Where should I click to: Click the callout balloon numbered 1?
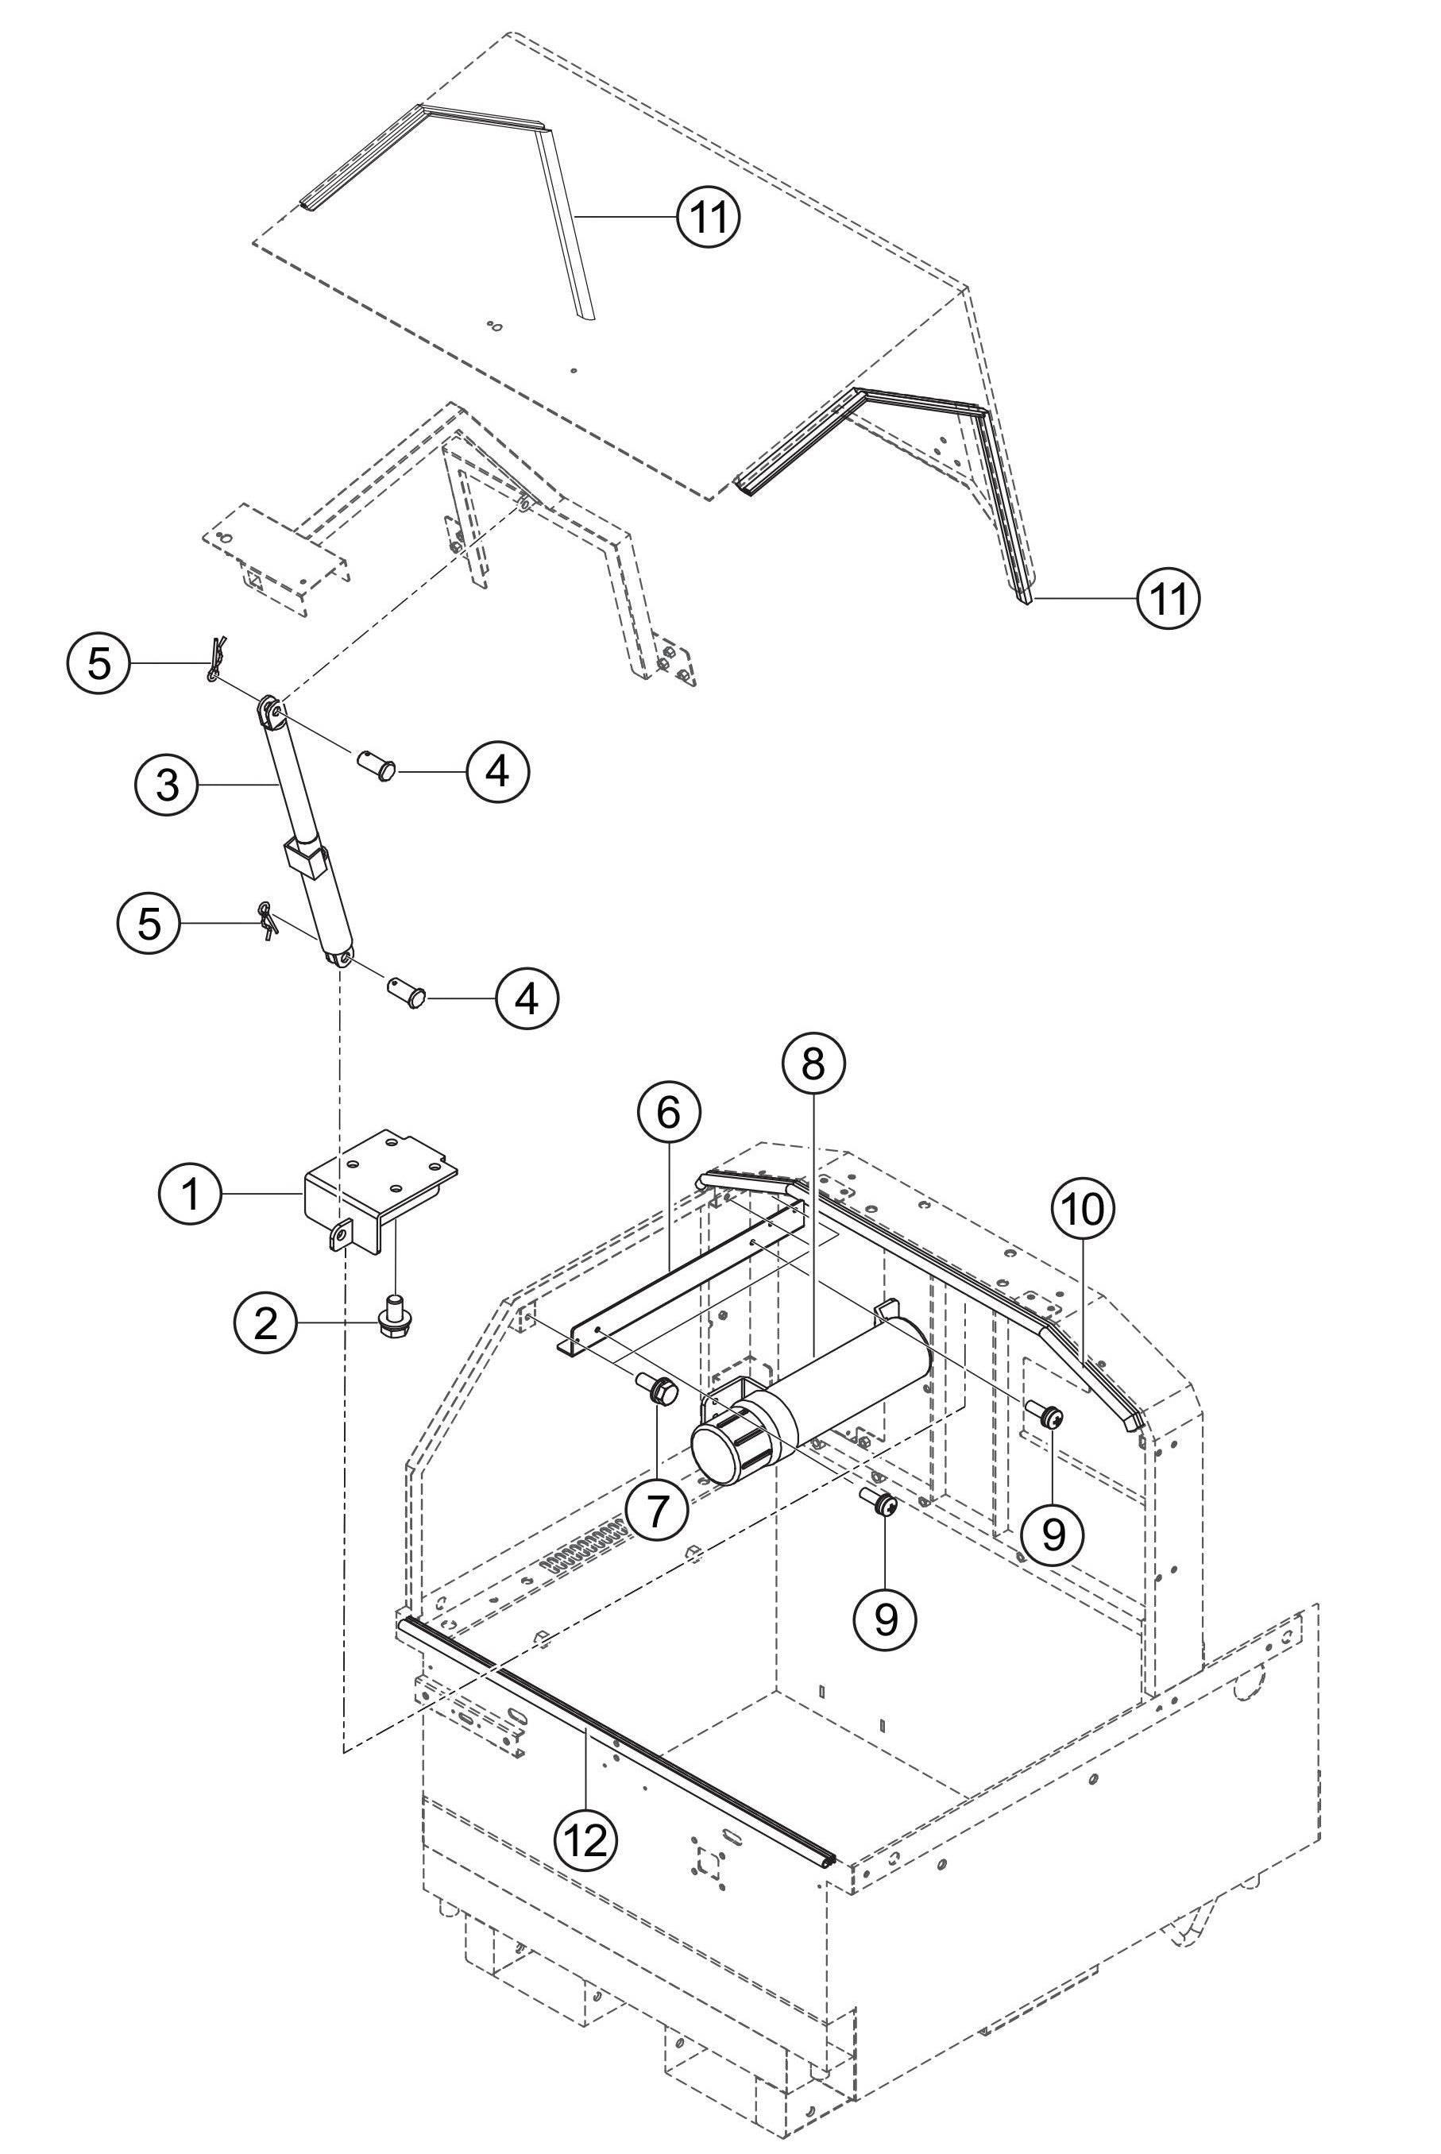coord(190,1195)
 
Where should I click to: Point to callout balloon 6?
coord(668,1112)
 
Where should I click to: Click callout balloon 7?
coord(656,1511)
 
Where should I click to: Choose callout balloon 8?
coord(813,1063)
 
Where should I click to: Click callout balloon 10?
coord(1083,1210)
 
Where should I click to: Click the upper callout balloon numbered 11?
coord(708,217)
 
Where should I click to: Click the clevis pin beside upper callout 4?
coord(375,763)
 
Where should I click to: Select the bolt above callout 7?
coord(662,1393)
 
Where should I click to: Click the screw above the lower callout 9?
coord(883,1504)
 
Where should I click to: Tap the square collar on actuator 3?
coord(305,859)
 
